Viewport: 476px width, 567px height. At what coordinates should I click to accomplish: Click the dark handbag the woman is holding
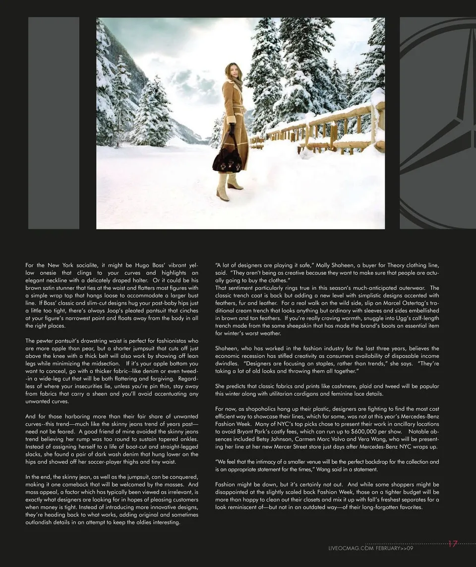[227, 158]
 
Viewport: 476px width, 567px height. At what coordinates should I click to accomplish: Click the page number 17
[452, 544]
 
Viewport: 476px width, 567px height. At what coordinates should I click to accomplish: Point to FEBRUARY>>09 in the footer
[395, 548]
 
